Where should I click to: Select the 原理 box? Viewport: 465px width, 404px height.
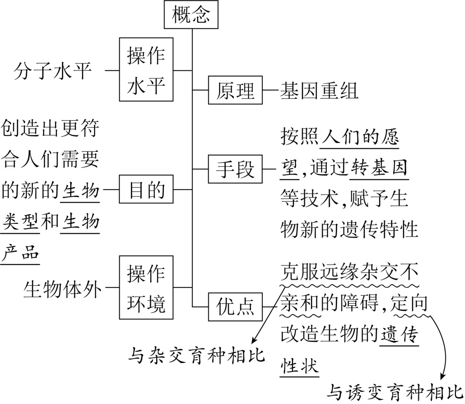[235, 91]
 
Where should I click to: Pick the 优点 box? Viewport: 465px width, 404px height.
[235, 307]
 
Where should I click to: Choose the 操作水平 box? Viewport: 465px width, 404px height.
[146, 69]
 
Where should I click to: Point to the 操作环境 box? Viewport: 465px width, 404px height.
[146, 288]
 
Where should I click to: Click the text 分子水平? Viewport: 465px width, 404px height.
[53, 70]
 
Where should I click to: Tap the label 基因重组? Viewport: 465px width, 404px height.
[319, 91]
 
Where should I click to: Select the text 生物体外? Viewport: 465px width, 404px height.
[63, 288]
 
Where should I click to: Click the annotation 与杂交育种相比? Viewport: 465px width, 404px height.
[196, 356]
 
